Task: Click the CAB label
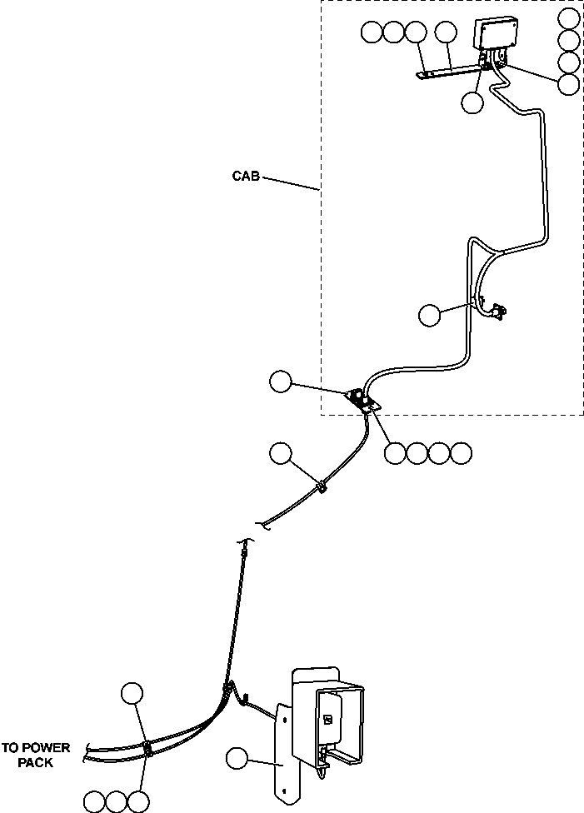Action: click(x=247, y=177)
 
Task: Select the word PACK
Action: click(x=36, y=762)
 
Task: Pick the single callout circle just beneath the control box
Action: click(x=472, y=102)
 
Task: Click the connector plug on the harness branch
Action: click(x=498, y=312)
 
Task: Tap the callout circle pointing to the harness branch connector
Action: click(x=430, y=315)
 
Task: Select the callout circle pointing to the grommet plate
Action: click(x=281, y=382)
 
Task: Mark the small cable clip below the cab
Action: click(x=321, y=484)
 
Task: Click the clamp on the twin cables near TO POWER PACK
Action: click(x=147, y=747)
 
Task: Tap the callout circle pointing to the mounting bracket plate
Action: click(x=237, y=758)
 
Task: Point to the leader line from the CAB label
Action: click(x=292, y=184)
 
